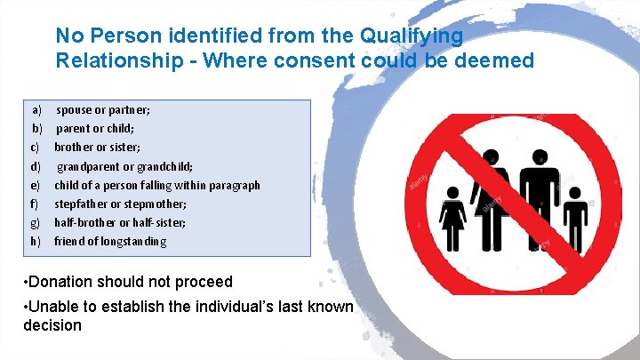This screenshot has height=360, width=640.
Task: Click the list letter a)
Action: pos(36,109)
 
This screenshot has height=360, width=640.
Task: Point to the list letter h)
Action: pos(36,241)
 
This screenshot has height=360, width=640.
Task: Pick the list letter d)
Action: pos(36,166)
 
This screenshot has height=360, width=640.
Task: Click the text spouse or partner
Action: pos(103,109)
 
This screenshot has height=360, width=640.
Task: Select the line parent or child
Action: pos(95,128)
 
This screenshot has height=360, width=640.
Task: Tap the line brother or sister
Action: pos(98,147)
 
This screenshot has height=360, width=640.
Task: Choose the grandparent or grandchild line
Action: pos(125,166)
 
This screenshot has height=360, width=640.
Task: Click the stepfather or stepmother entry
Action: pos(121,204)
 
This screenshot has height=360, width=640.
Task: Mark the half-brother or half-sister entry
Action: pos(121,222)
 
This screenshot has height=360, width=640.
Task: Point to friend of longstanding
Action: pos(110,241)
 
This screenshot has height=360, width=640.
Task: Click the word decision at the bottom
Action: pos(52,325)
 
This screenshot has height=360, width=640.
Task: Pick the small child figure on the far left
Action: pos(452,218)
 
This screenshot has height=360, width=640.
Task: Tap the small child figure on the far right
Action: pos(579,218)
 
